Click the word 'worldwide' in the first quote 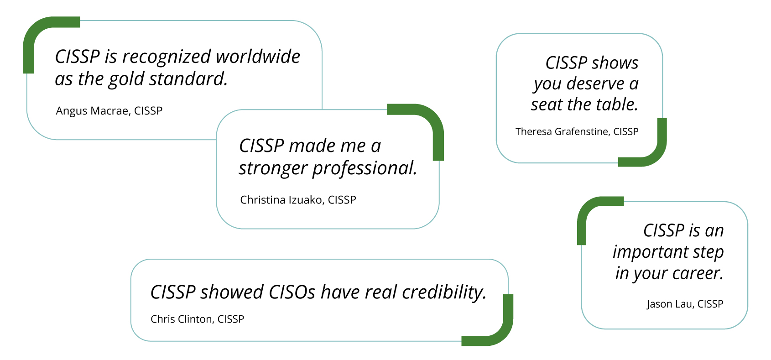coord(258,57)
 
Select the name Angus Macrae coord(92,111)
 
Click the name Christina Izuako coord(281,200)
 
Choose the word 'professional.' coord(365,168)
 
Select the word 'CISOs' coord(292,292)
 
